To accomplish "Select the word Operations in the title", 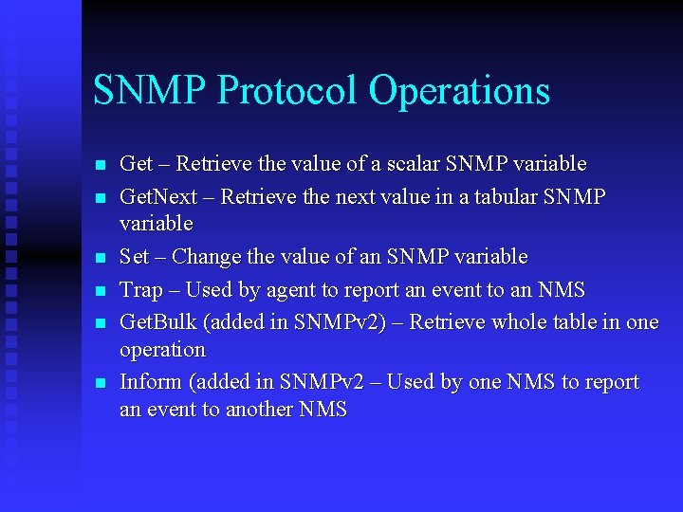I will tap(459, 91).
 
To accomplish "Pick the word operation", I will tap(162, 350).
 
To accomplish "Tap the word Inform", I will tap(150, 382).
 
